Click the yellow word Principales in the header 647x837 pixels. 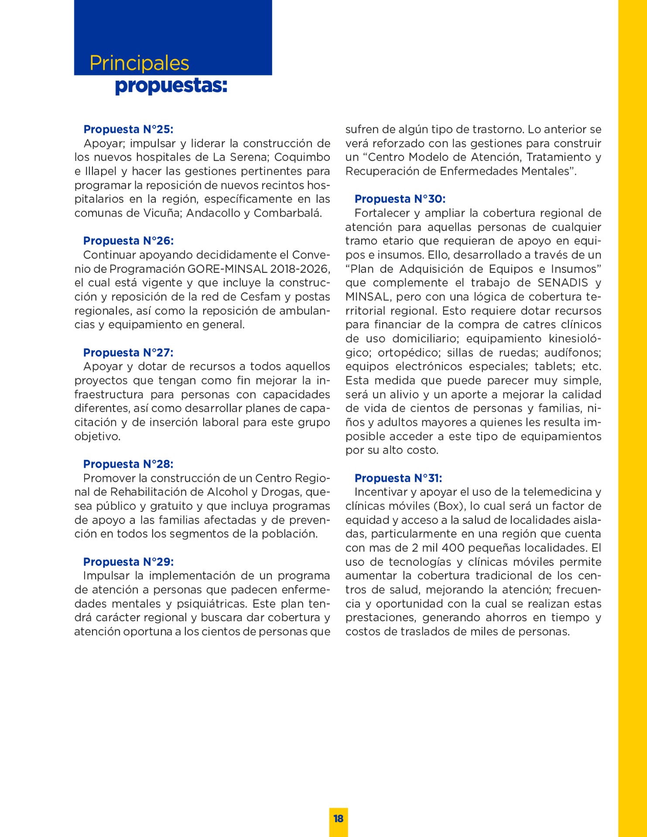(x=139, y=63)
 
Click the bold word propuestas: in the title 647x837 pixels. (x=171, y=86)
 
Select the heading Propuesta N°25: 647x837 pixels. (x=128, y=129)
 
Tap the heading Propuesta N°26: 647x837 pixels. (x=128, y=241)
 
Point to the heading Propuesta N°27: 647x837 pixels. (x=128, y=353)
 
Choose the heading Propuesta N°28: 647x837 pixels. (x=128, y=464)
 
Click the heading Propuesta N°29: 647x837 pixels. (x=128, y=562)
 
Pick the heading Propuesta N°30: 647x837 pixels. (x=400, y=199)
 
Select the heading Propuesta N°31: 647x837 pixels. (x=398, y=478)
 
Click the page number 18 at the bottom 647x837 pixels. (x=339, y=818)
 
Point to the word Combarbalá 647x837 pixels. (x=288, y=213)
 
